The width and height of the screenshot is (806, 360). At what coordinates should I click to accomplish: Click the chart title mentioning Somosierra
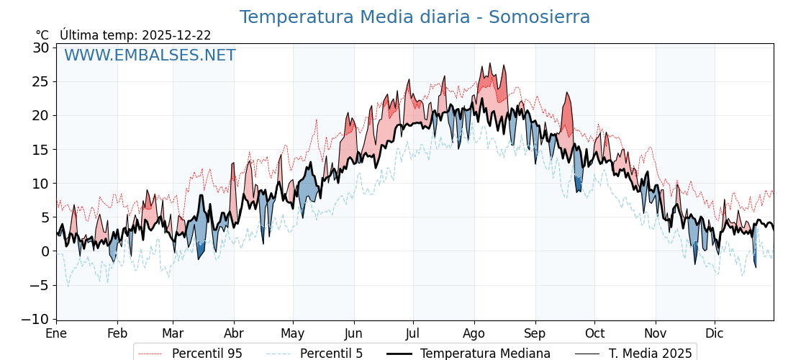point(415,17)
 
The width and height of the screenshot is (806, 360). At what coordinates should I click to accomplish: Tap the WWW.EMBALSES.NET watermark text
point(150,55)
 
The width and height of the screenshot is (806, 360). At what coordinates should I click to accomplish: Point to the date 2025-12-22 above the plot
point(176,35)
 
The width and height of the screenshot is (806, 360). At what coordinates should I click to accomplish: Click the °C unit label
point(42,35)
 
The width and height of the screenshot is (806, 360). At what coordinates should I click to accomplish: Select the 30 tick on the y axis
point(41,48)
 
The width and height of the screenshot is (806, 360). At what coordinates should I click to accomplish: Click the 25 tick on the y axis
point(41,81)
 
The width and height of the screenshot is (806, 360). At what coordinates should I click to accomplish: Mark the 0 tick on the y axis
point(45,251)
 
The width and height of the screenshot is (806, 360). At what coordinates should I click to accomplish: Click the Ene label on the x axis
point(56,333)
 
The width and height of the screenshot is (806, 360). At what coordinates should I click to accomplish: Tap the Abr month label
point(234,333)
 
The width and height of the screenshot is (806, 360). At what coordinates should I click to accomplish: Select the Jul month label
point(413,333)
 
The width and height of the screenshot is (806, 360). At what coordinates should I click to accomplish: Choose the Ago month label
point(474,333)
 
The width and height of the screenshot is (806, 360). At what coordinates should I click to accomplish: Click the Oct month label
point(594,333)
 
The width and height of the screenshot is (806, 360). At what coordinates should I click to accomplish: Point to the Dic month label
point(715,333)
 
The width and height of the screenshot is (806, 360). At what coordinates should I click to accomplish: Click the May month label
point(293,333)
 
